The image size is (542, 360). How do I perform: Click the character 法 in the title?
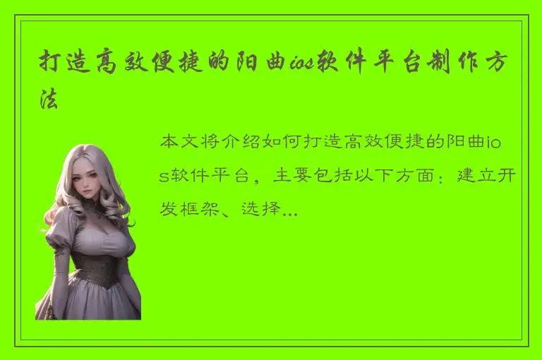49,100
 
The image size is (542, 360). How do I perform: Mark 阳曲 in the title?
262,64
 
